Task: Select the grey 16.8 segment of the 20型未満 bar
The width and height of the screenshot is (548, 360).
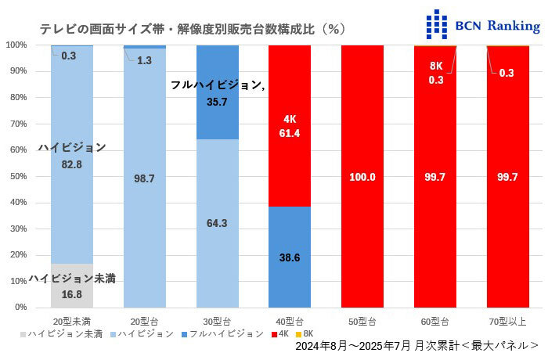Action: [72, 286]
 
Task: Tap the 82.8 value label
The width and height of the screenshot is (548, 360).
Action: [72, 164]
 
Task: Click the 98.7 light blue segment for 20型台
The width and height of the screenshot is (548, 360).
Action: [145, 178]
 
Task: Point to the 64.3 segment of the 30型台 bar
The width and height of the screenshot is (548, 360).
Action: [217, 223]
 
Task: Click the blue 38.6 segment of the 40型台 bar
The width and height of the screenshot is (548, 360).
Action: [290, 256]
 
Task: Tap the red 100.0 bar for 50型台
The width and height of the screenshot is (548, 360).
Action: [362, 177]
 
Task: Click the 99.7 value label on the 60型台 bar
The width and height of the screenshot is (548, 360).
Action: [435, 178]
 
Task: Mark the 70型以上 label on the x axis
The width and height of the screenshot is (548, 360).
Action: [507, 322]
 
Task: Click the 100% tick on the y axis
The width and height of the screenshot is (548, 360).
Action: [16, 45]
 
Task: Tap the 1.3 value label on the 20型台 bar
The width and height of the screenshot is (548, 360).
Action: [145, 60]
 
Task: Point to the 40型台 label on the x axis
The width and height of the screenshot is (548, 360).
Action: [290, 322]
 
